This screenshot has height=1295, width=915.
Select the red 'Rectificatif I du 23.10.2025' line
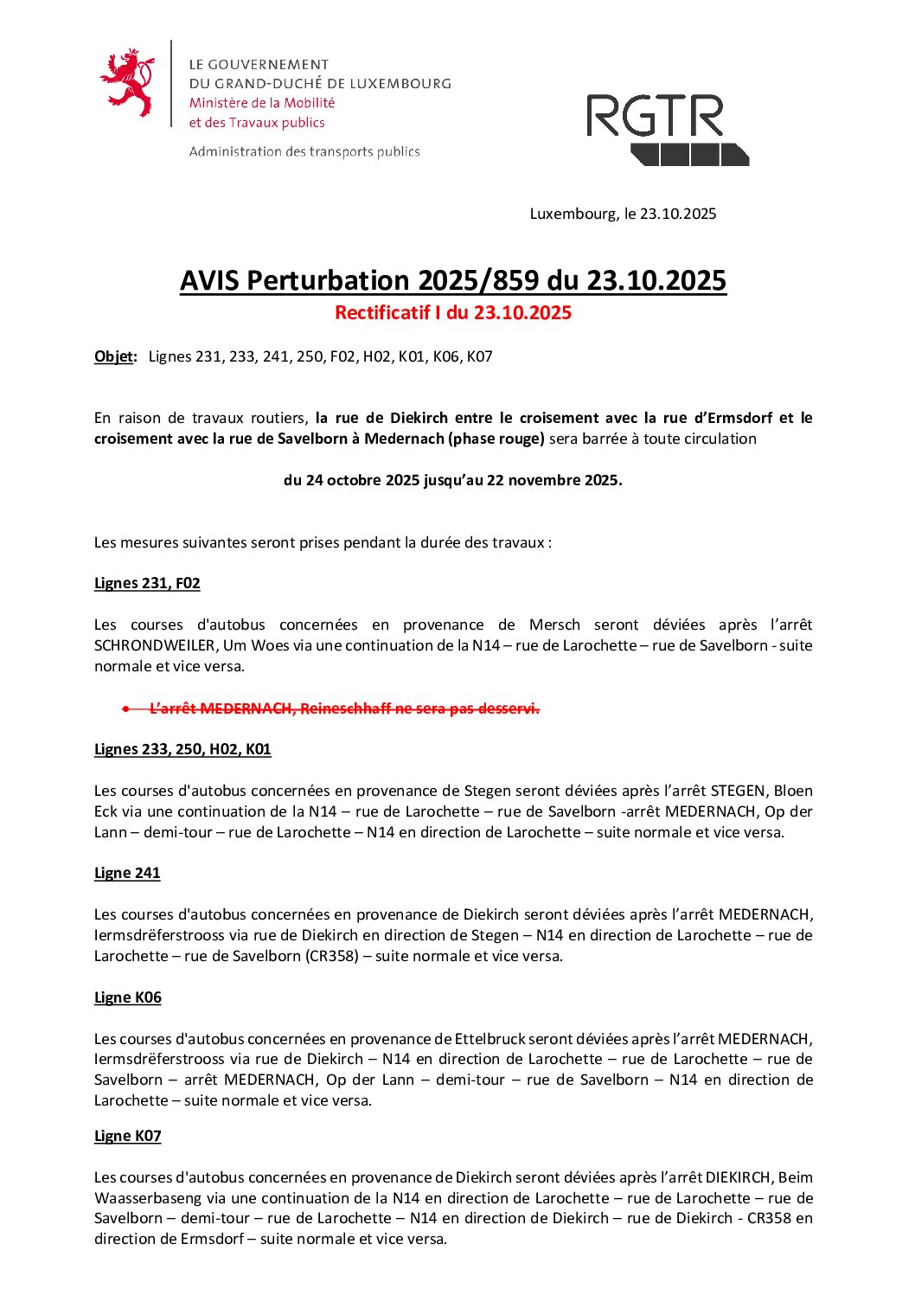[x=453, y=313]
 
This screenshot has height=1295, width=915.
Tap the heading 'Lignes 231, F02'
[x=147, y=583]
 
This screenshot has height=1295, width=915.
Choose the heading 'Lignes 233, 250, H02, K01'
[x=182, y=749]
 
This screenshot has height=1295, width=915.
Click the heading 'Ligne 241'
[x=127, y=873]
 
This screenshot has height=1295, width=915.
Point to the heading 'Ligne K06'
[x=128, y=997]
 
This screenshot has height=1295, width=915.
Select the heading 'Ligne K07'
[x=128, y=1136]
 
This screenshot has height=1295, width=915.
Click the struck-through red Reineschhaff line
[x=344, y=708]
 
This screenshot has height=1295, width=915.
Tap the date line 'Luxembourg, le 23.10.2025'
[x=623, y=214]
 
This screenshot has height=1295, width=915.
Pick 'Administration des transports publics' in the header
[x=304, y=152]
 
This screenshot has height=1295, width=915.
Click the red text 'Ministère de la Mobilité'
[x=262, y=103]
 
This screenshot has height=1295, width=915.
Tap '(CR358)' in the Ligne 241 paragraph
[x=332, y=956]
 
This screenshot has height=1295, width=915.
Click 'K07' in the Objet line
[x=479, y=356]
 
